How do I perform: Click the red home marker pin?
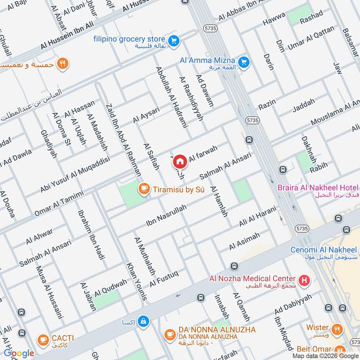tap(180, 161)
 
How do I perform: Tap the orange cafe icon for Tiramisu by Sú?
tap(144, 189)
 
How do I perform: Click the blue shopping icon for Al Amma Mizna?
tap(244, 62)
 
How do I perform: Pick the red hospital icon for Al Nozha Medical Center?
tap(305, 281)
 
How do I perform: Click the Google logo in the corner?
tap(19, 353)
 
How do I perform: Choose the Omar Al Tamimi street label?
tap(59, 204)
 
